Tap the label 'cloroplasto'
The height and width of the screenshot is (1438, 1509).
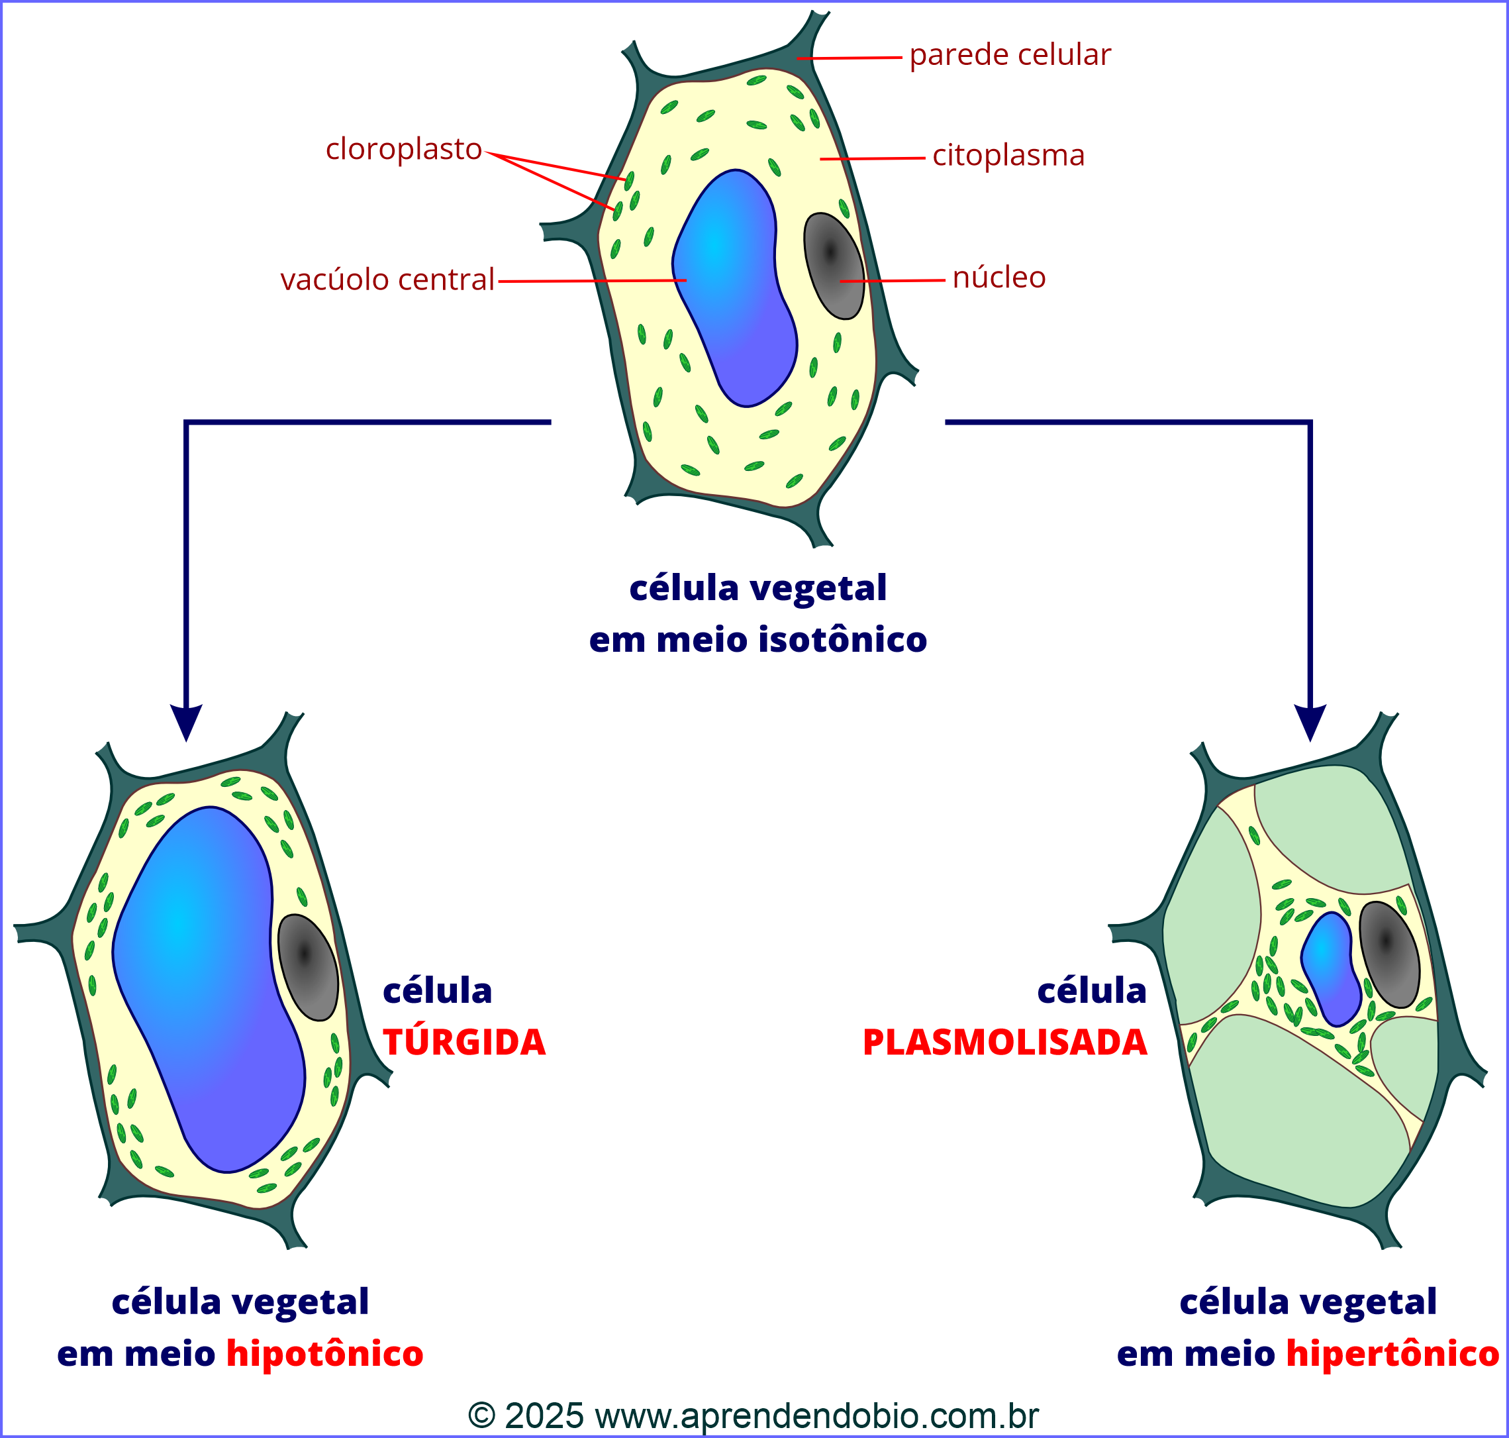tap(404, 149)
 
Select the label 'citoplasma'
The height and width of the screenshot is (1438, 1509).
tap(1008, 156)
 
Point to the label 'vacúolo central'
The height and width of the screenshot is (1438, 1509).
tap(387, 280)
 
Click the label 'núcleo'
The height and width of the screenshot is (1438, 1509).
tap(998, 278)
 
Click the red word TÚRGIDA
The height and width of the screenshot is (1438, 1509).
tap(463, 1043)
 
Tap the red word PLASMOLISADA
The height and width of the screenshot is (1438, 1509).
tap(1004, 1043)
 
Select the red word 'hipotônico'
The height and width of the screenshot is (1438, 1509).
tap(324, 1354)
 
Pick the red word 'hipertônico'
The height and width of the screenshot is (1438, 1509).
tap(1392, 1354)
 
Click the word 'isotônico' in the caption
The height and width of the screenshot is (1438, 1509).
tap(842, 640)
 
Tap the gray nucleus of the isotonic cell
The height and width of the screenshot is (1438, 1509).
tap(833, 265)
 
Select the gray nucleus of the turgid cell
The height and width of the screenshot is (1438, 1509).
tap(307, 967)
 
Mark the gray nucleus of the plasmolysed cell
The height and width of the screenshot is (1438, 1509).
tap(1389, 954)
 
